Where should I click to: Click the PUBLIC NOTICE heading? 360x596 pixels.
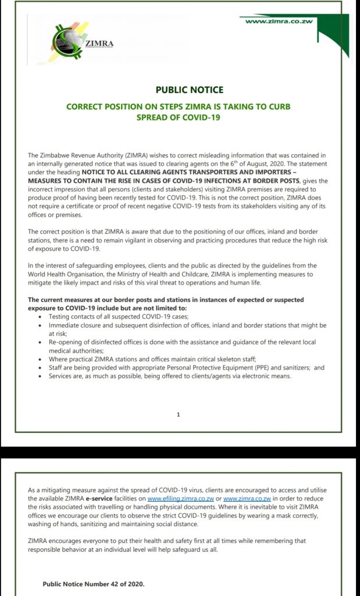189,90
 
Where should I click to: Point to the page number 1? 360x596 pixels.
178,414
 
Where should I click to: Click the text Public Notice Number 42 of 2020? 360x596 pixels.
94,584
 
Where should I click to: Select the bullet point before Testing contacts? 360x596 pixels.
40,317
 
